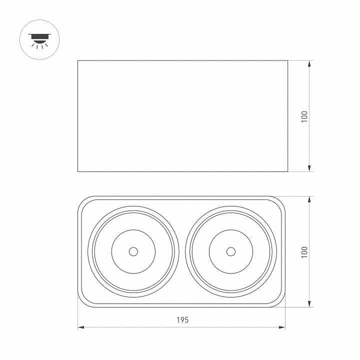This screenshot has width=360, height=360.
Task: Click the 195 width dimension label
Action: tap(182, 320)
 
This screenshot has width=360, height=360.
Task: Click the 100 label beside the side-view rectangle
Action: tap(304, 116)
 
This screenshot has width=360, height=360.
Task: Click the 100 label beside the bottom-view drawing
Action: tap(304, 252)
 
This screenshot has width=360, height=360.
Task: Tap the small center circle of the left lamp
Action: tap(133, 251)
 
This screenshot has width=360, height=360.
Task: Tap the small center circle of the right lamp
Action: tap(231, 251)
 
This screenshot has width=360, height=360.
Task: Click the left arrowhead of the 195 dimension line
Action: tap(81, 327)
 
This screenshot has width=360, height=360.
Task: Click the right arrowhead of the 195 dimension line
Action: tap(282, 327)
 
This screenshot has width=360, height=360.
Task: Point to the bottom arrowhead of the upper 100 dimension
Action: tap(309, 168)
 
